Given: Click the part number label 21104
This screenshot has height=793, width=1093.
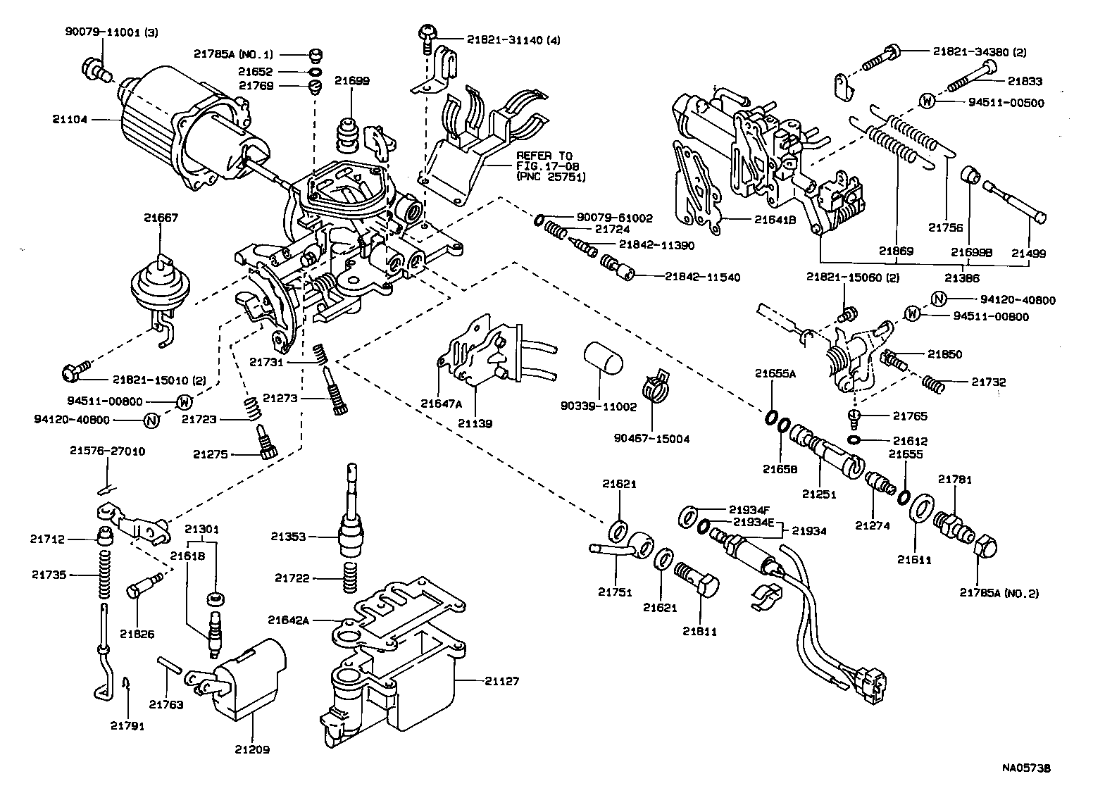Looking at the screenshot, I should point(69,119).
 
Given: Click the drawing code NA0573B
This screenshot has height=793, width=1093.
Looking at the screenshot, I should point(1032,768).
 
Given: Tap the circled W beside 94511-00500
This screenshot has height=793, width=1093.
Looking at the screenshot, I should point(928,101).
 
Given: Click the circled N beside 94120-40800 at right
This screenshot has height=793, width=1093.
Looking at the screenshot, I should point(938,299).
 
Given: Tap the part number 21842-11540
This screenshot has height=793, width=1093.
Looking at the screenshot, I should point(702,277).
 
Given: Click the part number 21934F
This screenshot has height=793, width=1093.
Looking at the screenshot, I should point(751,508).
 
